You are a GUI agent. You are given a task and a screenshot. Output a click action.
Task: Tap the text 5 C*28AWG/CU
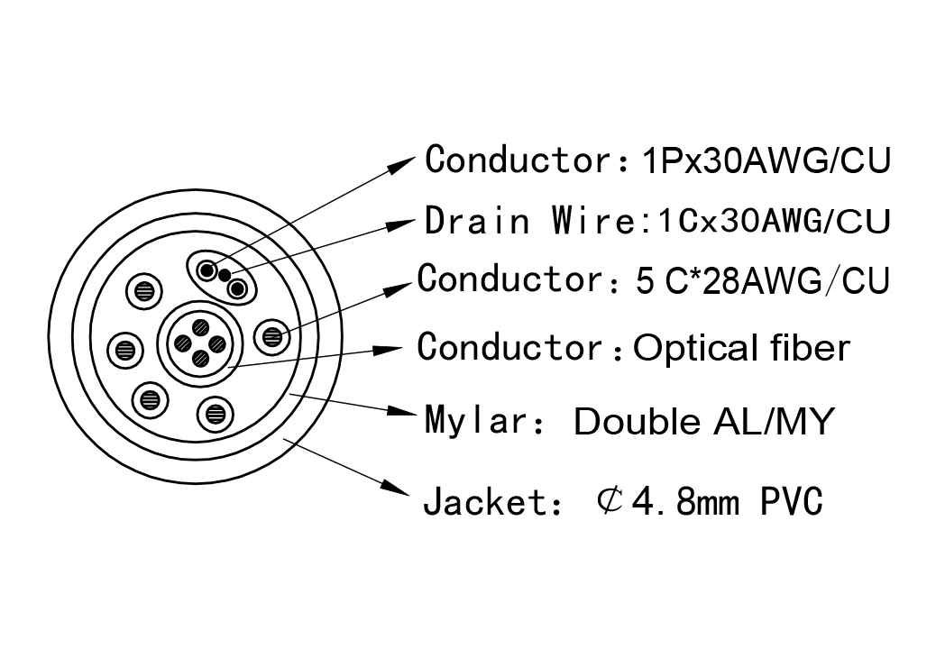[x=762, y=280]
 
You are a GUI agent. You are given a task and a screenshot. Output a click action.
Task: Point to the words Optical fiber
[x=741, y=347]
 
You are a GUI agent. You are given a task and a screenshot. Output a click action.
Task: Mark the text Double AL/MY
[x=702, y=421]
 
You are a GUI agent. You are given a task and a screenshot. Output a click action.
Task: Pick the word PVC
[x=791, y=502]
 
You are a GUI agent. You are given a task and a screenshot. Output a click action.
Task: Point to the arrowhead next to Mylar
[x=402, y=412]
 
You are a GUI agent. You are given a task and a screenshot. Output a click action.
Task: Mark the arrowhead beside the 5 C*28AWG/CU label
[x=403, y=285]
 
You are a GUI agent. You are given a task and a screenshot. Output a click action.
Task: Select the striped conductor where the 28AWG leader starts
[x=271, y=337]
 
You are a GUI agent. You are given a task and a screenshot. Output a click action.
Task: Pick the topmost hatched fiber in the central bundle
[x=200, y=327]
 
